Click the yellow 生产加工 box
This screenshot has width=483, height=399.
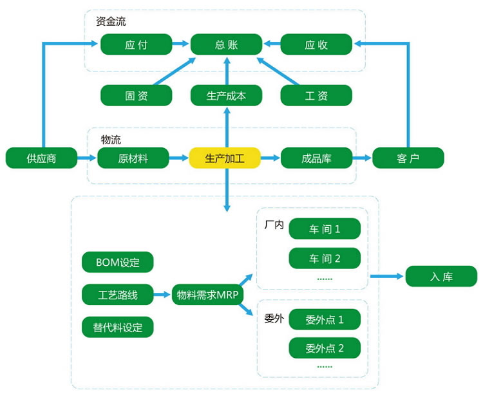coord(225,158)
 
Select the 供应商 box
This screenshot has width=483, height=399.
coord(41,158)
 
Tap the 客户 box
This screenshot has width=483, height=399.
coord(408,158)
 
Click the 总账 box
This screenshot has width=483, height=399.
coord(226,44)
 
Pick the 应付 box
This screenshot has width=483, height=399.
coord(136,44)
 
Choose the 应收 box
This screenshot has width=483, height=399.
coord(316,44)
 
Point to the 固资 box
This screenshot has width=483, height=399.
coord(136,95)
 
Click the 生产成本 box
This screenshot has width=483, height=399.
coord(226,95)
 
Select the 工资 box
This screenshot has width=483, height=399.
coord(316,95)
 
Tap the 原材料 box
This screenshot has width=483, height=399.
coord(133,158)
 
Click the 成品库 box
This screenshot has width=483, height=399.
coord(316,158)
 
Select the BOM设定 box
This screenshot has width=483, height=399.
coord(118,262)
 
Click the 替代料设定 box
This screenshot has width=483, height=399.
coord(118,327)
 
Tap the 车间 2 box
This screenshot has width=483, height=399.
coord(325,259)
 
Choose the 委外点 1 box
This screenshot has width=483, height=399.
coord(325,319)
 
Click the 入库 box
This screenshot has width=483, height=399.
coord(441,277)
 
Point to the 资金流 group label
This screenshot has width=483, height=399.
coord(113,22)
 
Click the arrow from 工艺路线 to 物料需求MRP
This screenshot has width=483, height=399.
coord(163,295)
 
